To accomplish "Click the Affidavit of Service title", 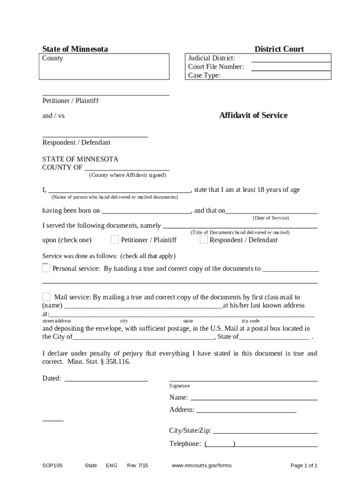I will point(253,116).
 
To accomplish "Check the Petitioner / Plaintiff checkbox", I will point(115,240).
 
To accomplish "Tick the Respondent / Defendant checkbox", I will point(203,240).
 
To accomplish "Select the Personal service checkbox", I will point(46,268).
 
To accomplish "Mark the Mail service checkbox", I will point(46,297).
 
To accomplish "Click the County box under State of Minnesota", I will point(105,66).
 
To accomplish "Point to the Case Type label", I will point(204,75).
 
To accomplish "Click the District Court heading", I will point(279,49).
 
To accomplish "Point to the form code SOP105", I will point(52,465).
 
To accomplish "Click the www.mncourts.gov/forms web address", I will point(202,465).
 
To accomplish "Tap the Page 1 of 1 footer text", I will point(304,465).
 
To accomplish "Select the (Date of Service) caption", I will point(271,218).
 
